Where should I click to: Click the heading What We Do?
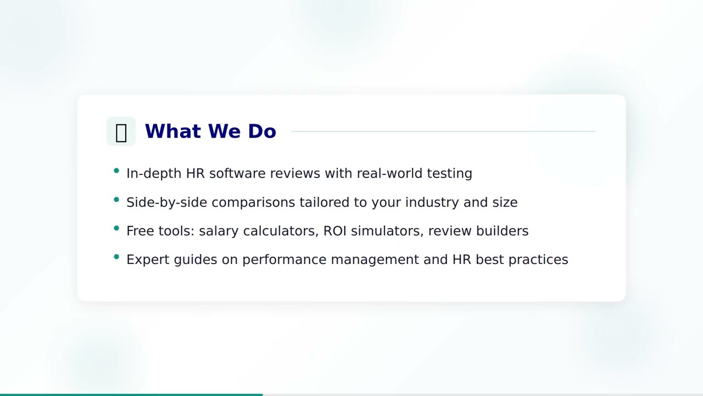[x=210, y=131]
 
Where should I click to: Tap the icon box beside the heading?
[x=121, y=131]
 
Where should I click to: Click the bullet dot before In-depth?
[x=116, y=171]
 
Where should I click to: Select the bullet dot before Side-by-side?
[x=116, y=200]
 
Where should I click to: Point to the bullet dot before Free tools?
[x=116, y=228]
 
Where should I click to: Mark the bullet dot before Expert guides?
[x=116, y=257]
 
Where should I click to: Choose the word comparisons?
[x=253, y=202]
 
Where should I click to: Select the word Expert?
[x=148, y=260]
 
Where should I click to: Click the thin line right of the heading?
[x=443, y=131]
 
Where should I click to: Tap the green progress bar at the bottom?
[x=131, y=394]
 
